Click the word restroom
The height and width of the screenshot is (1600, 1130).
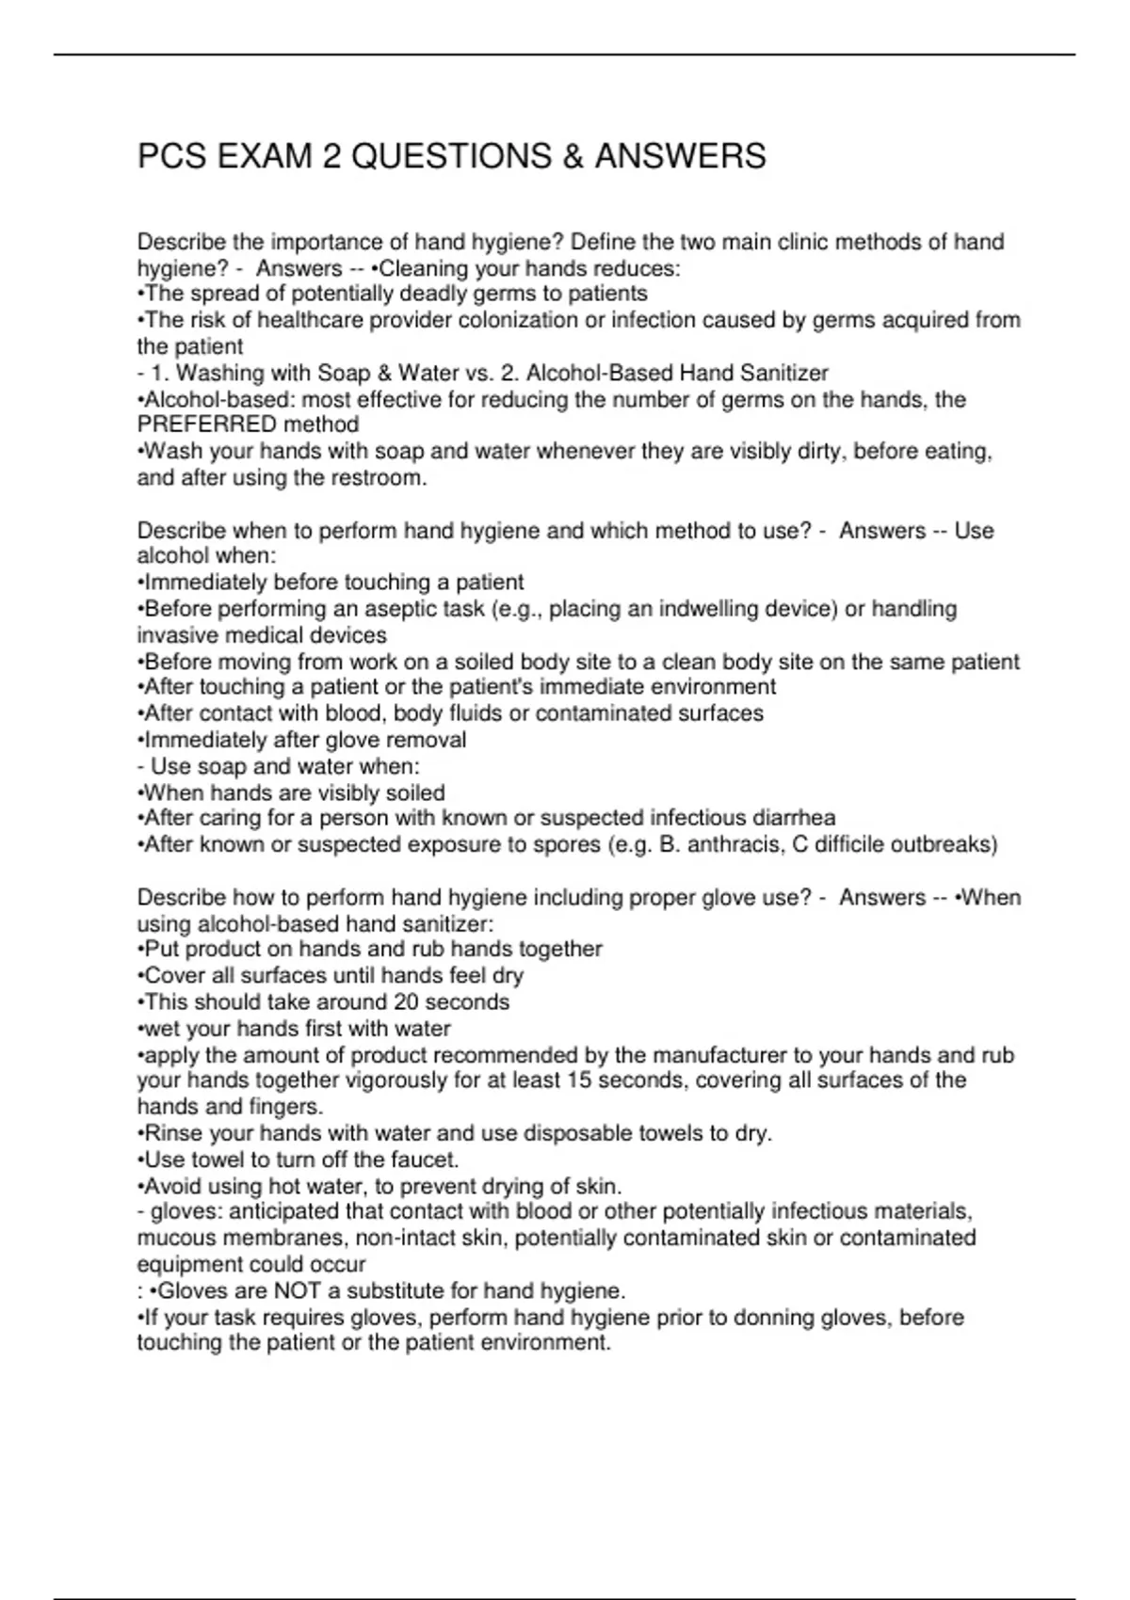[x=382, y=478]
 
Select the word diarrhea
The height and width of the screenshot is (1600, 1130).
[x=794, y=818]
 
